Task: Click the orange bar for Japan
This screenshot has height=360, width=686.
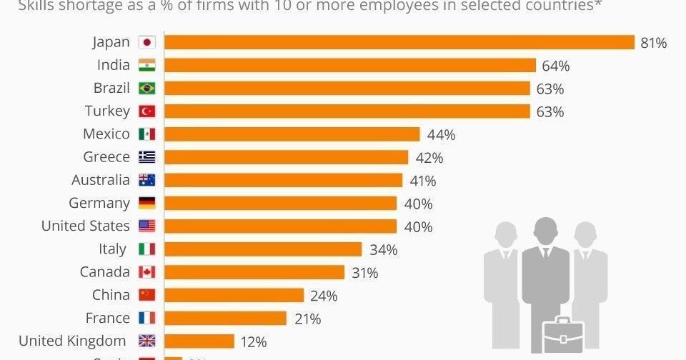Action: [399, 42]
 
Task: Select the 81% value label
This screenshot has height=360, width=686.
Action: [653, 43]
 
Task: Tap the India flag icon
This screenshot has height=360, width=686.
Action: [146, 65]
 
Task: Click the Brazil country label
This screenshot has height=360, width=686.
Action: [111, 88]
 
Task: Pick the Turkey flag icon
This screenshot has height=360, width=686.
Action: [146, 111]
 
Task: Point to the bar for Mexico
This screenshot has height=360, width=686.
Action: [292, 134]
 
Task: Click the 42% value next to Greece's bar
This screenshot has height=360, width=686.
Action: [429, 158]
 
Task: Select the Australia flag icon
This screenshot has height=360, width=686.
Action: [146, 180]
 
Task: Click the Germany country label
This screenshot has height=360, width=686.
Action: [99, 203]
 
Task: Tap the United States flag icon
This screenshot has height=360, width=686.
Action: [146, 226]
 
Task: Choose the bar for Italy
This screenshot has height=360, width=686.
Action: [263, 249]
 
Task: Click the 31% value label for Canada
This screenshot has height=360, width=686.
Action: [364, 273]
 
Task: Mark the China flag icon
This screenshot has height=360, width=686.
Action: [146, 295]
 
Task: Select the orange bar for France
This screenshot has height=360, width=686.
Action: [225, 318]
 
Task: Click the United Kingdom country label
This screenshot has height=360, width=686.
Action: [72, 341]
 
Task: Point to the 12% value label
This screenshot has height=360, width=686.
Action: [253, 342]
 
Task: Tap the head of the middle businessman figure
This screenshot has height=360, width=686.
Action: [545, 231]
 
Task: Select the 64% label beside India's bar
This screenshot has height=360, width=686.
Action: [555, 66]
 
